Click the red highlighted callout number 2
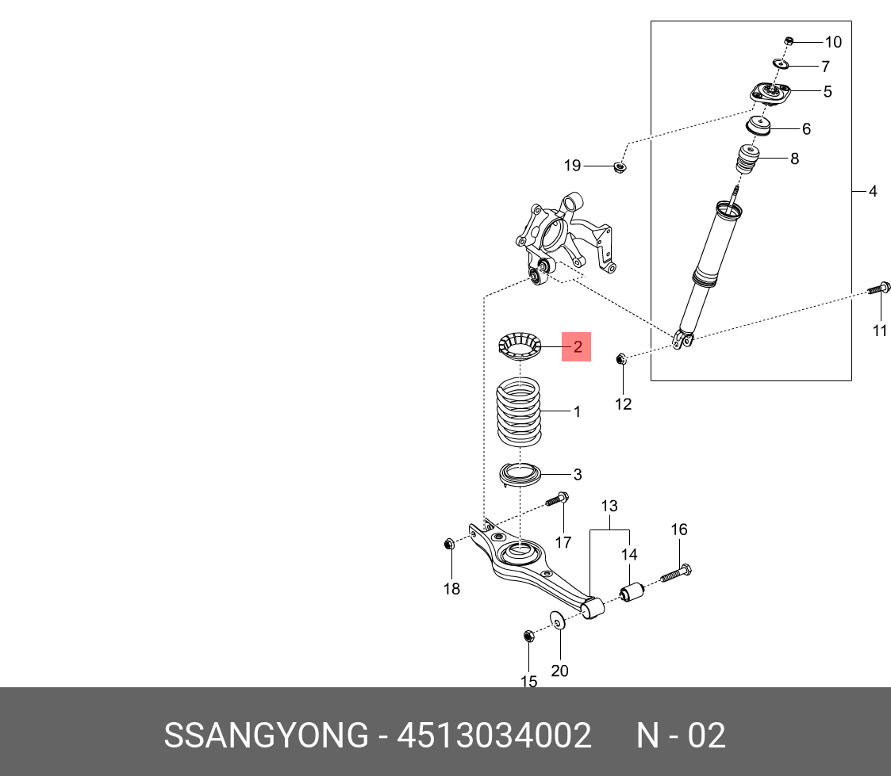coord(577,346)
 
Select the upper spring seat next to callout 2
coord(518,346)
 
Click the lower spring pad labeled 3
coord(519,476)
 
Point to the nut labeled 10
coord(789,41)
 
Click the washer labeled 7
coord(781,64)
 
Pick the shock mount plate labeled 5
coord(770,94)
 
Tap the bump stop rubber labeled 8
coord(747,160)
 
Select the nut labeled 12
coord(622,360)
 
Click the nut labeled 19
coord(620,166)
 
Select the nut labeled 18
coord(448,544)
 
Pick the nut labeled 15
coord(528,636)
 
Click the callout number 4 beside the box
coord(873,191)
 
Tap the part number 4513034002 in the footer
coord(494,736)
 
